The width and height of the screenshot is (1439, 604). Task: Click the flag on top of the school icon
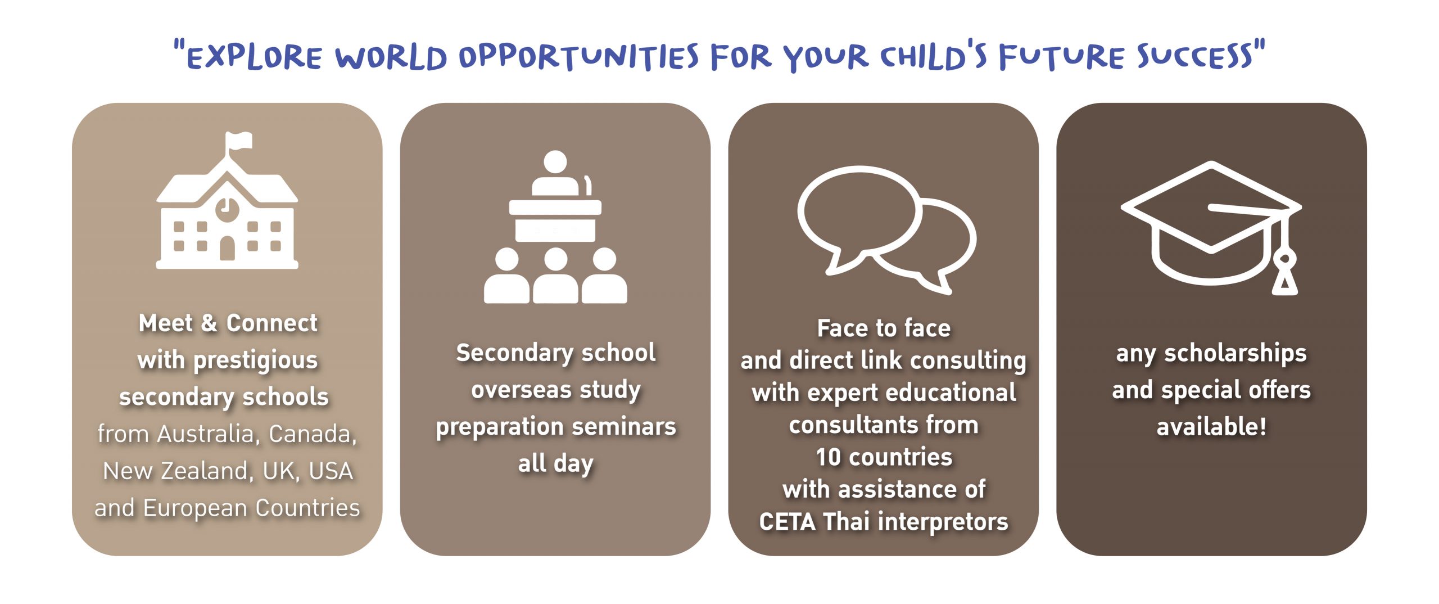[x=238, y=141]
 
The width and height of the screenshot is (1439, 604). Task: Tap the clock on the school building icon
[x=227, y=208]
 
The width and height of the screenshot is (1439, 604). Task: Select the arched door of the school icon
[x=227, y=247]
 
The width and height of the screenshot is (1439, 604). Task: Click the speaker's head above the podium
[x=555, y=162]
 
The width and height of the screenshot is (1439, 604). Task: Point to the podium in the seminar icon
[x=555, y=220]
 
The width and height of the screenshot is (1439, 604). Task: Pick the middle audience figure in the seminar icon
[x=555, y=276]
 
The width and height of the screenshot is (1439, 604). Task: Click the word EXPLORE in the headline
[x=255, y=57]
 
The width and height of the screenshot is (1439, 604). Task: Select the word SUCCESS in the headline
[x=1195, y=56]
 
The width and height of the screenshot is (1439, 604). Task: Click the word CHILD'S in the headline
[x=933, y=56]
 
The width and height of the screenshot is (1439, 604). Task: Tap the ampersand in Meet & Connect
[x=209, y=323]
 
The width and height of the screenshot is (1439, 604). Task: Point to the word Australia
[x=206, y=434]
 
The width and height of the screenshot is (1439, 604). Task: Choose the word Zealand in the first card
[x=206, y=471]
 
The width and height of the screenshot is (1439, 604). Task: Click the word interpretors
[x=943, y=522]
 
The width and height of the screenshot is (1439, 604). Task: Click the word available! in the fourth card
[x=1211, y=426]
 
